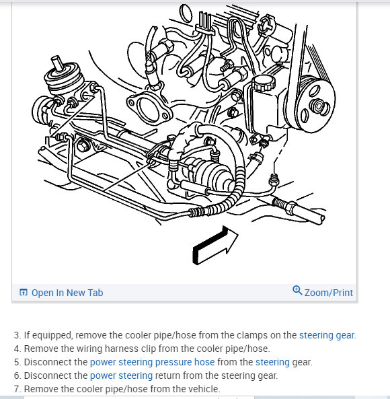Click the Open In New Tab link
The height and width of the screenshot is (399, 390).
pos(61,293)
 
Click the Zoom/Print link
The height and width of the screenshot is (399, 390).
pos(323,292)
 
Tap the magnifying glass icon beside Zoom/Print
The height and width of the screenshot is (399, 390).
pos(297,291)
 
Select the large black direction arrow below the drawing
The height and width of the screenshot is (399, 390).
pos(214,246)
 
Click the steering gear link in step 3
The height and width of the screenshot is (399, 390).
pos(327,335)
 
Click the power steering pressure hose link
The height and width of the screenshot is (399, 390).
pos(152,362)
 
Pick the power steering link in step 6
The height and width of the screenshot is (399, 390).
pos(121,375)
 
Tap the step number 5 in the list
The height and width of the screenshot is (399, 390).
pos(17,362)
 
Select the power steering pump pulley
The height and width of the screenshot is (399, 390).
pos(317,104)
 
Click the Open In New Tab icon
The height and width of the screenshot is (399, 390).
pos(23,293)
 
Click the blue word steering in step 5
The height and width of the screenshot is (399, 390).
pos(272,362)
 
